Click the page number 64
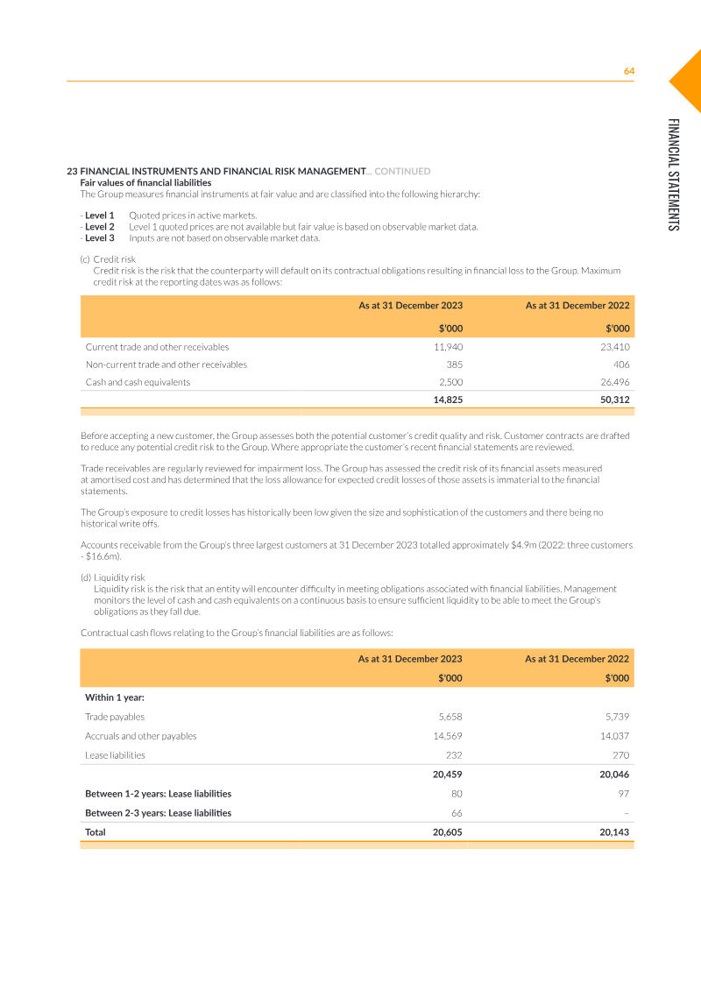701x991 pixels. (628, 71)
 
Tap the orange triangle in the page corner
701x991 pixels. (689, 80)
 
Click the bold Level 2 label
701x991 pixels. (100, 227)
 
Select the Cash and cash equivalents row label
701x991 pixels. (138, 382)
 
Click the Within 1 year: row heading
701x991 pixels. (115, 697)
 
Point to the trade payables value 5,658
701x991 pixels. (449, 717)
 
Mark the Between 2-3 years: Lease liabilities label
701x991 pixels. (158, 813)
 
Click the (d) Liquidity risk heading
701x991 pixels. (113, 577)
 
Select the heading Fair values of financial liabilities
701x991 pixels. (145, 182)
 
